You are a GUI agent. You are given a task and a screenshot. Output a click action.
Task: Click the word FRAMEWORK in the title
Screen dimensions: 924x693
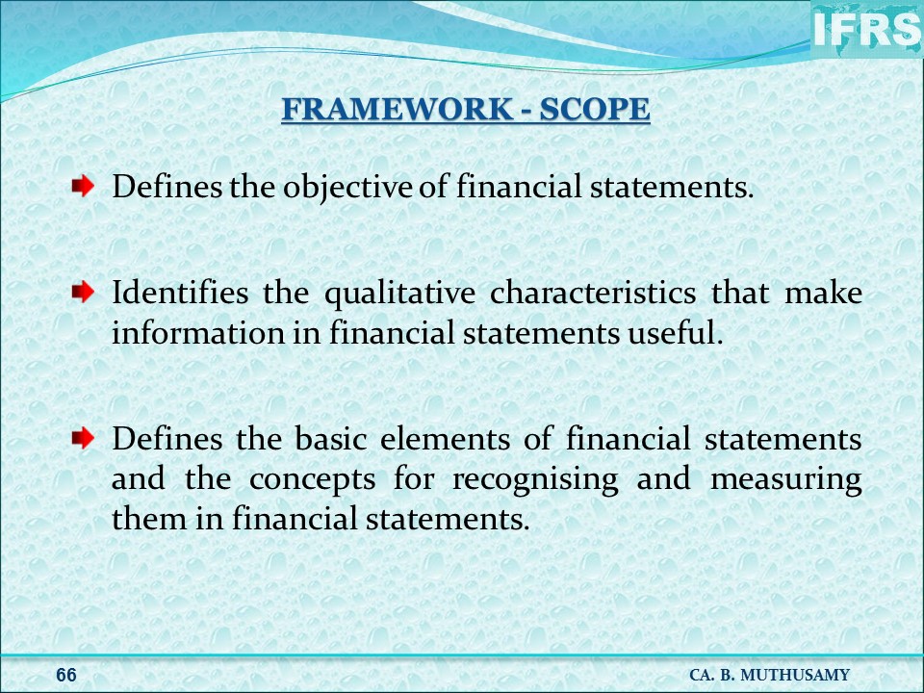coord(398,109)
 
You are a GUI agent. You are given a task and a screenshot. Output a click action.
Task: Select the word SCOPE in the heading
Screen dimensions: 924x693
coord(595,109)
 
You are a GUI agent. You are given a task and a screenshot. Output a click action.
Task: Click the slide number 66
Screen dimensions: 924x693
coord(66,675)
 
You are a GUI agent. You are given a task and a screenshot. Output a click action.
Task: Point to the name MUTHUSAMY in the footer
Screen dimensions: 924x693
coord(795,675)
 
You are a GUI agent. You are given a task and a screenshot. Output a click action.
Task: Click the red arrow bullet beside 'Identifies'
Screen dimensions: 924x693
coord(83,291)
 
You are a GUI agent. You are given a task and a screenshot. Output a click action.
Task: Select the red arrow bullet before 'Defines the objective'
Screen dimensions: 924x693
coord(83,186)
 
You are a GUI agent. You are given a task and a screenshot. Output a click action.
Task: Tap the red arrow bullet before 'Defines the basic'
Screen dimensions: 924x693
coord(83,438)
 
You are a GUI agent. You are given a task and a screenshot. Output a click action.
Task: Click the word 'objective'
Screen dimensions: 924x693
coord(347,188)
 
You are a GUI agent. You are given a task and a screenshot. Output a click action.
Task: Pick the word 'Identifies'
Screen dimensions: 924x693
coord(180,293)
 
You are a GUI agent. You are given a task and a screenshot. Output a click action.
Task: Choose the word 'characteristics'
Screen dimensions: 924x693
coord(593,293)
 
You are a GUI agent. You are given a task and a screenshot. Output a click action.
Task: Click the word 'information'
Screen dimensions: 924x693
coord(197,332)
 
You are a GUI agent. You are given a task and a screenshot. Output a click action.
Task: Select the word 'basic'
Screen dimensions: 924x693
coord(331,439)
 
